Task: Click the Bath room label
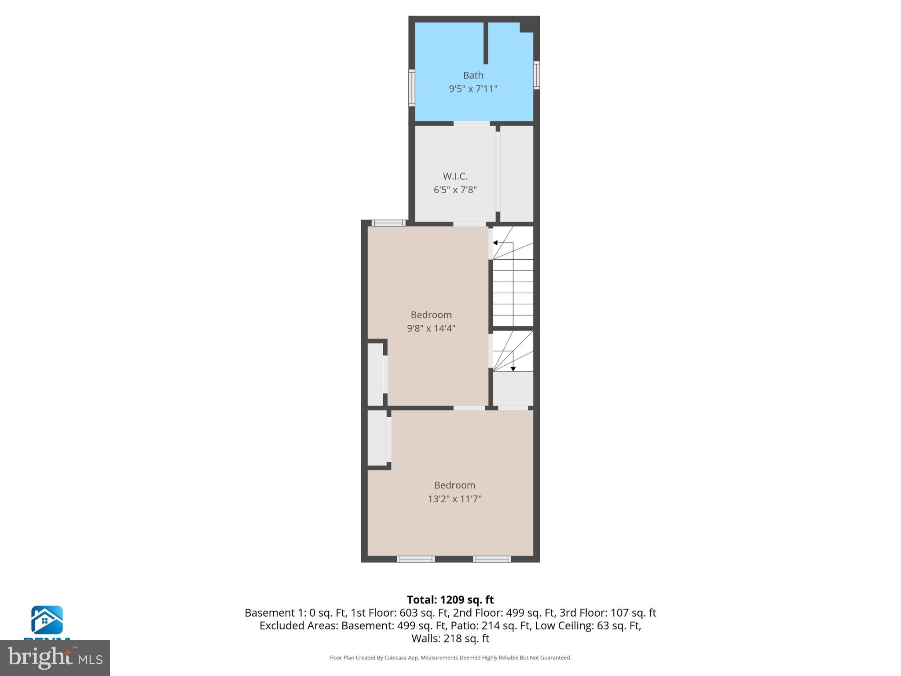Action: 473,75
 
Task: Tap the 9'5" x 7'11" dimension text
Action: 473,89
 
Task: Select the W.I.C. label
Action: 455,176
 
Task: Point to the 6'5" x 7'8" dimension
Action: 455,190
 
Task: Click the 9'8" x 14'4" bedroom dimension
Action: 431,328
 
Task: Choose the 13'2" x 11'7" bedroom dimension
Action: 454,499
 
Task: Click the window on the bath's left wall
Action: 412,88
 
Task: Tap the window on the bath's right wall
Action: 536,75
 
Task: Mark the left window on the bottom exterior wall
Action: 416,559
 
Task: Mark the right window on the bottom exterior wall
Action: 492,559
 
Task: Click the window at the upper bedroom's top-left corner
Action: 388,223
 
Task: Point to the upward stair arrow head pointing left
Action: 495,243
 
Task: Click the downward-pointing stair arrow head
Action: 513,369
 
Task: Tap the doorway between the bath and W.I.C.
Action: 472,124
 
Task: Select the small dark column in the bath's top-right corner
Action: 527,26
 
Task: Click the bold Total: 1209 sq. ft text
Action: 450,600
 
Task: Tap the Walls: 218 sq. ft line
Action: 450,638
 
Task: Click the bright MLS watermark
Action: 55,658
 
